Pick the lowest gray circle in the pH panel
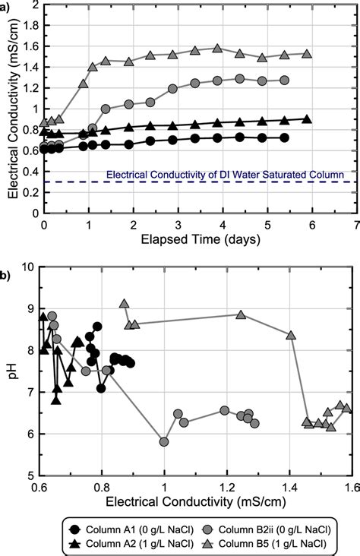[164, 441]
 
